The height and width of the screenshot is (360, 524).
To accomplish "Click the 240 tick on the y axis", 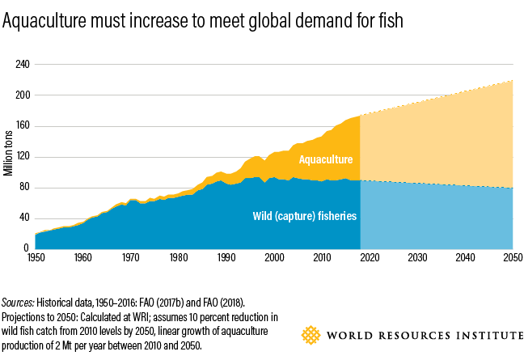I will pyautogui.click(x=23, y=64).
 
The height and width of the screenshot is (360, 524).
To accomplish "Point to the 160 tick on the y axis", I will pyautogui.click(x=23, y=125).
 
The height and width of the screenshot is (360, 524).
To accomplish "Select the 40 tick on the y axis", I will pyautogui.click(x=25, y=218).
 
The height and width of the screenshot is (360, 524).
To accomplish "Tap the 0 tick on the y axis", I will pyautogui.click(x=27, y=248).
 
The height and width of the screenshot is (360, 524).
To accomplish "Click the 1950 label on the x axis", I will pyautogui.click(x=36, y=257).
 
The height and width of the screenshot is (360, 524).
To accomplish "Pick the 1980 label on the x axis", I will pyautogui.click(x=179, y=257).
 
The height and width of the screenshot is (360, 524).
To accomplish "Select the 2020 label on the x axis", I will pyautogui.click(x=370, y=257).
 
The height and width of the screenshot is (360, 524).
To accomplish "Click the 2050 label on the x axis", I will pyautogui.click(x=513, y=257).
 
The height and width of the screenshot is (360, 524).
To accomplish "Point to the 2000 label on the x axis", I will pyautogui.click(x=274, y=257).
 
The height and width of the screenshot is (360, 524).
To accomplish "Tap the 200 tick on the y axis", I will pyautogui.click(x=23, y=95).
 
